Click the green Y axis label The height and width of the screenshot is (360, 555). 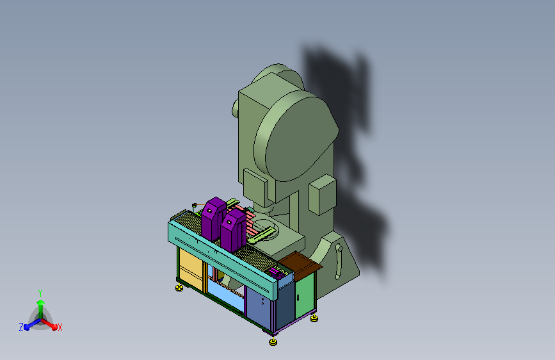coord(40,293)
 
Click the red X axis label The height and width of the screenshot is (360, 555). coord(60,327)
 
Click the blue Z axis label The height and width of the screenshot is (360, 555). coord(21,327)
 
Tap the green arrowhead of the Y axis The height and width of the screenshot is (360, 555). coord(40,303)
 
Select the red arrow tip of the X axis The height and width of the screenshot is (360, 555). coord(54,327)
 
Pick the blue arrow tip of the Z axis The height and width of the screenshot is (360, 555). coord(27,327)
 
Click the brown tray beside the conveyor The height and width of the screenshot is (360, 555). coord(300,264)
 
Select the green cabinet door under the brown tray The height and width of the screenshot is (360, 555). coord(305,295)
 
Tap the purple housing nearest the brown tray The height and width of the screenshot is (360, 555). coord(233,231)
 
